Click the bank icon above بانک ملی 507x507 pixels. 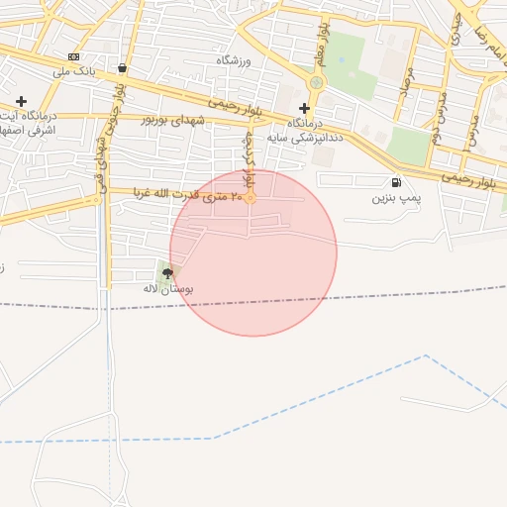click(x=74, y=56)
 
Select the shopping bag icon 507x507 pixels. click(x=121, y=68)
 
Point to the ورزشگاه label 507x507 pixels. click(x=235, y=61)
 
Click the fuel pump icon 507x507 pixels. click(x=396, y=182)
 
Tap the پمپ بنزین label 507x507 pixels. click(x=396, y=199)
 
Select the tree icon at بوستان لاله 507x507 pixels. click(x=166, y=271)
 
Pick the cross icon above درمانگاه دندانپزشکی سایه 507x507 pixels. click(x=304, y=108)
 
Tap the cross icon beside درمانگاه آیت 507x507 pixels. click(x=21, y=101)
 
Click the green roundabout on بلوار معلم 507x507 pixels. click(x=316, y=82)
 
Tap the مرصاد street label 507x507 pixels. click(x=405, y=97)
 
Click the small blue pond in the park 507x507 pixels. click(x=342, y=58)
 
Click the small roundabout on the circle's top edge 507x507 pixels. click(x=251, y=198)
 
